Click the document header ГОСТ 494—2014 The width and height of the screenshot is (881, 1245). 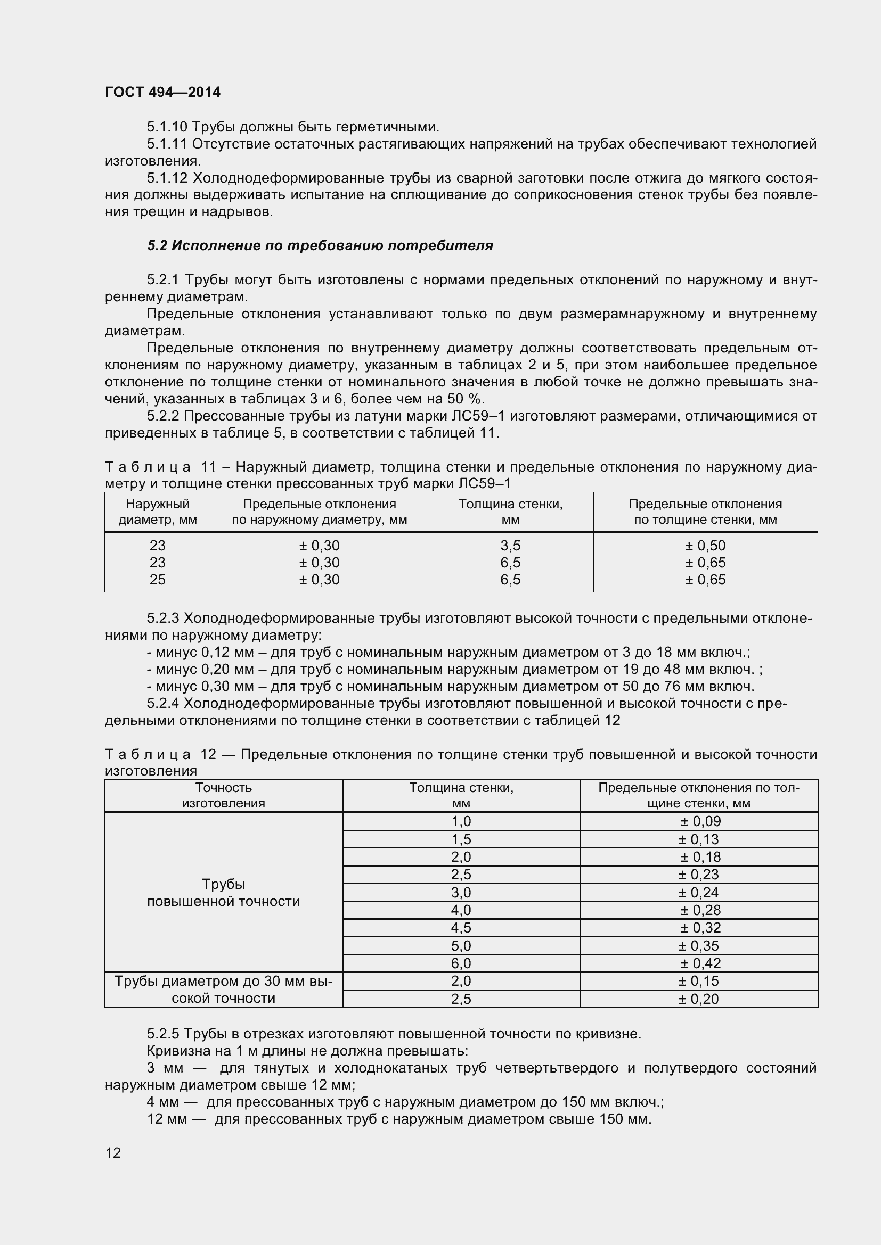point(163,92)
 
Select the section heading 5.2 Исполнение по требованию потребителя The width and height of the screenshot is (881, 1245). point(320,245)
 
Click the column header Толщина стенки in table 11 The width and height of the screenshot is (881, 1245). point(510,512)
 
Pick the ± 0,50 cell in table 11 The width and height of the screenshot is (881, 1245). point(705,546)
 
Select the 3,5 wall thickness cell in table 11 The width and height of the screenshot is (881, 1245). point(510,546)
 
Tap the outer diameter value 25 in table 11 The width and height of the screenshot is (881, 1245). point(157,580)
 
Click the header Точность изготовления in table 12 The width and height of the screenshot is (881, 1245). point(224,795)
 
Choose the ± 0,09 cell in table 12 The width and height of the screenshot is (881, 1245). point(700,821)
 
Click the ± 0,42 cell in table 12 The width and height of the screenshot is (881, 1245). point(700,963)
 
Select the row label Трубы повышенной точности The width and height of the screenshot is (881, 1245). point(224,893)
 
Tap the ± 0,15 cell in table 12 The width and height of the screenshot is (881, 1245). point(699,981)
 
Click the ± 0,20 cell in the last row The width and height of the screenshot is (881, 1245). point(699,999)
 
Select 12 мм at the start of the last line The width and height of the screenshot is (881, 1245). point(167,1119)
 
